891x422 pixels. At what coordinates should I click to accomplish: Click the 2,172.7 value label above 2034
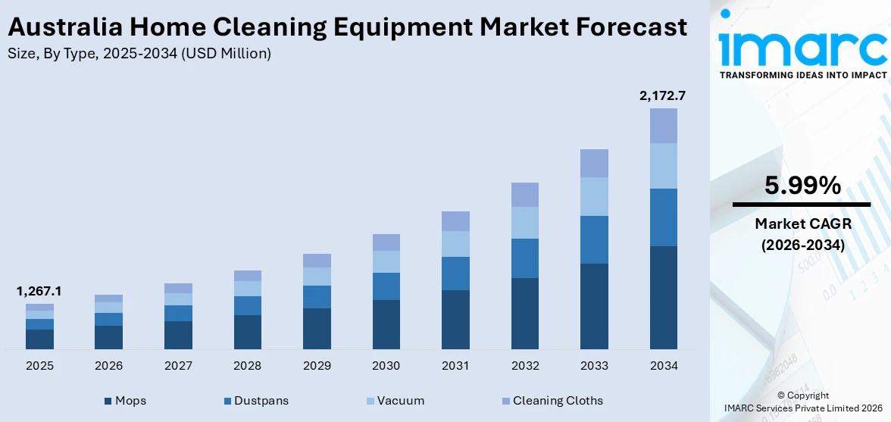point(663,96)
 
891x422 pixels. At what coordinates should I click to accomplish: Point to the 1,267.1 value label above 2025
point(39,292)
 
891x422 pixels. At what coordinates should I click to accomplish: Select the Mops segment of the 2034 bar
point(663,297)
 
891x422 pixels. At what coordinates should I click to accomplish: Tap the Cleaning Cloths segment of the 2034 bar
point(663,126)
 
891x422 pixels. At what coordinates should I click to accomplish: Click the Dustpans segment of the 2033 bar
point(594,239)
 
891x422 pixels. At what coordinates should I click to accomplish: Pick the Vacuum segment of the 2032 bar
point(524,223)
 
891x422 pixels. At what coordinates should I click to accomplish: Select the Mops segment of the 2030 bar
point(386,324)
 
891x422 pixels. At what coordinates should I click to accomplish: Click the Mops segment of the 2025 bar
point(39,339)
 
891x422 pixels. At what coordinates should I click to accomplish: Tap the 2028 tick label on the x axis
point(247,366)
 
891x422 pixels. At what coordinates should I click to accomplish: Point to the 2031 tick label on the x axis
point(455,366)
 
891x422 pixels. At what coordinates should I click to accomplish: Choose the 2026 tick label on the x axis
point(108,366)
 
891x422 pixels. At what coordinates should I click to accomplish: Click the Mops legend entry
point(125,400)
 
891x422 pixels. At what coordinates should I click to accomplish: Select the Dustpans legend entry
point(255,400)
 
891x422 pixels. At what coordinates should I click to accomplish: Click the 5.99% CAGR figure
point(802,186)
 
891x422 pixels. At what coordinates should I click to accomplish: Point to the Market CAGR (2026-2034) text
point(802,234)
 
